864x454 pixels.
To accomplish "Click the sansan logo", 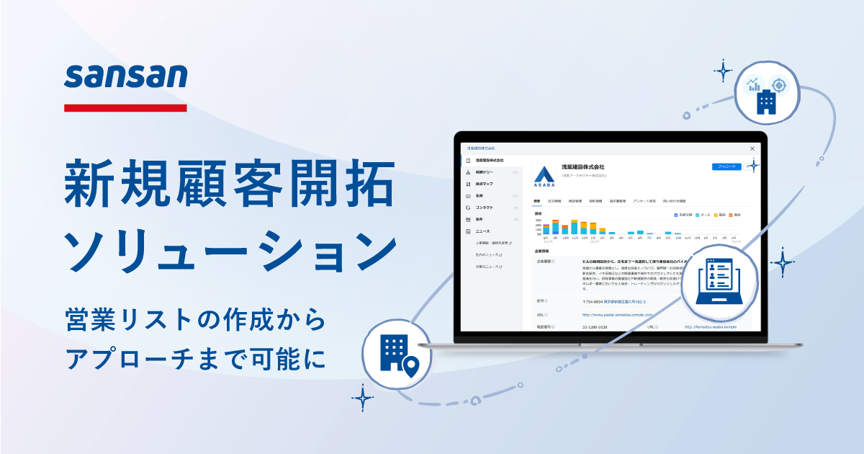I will tap(125, 76).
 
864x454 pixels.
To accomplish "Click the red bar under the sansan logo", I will tap(125, 108).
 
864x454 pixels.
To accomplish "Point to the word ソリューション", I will tap(230, 249).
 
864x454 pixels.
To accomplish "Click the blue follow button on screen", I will tap(726, 166).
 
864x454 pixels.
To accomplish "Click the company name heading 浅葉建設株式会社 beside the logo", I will tap(583, 167).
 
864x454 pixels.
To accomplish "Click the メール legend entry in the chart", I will tap(703, 215).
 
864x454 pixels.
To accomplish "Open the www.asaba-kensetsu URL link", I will tap(617, 315).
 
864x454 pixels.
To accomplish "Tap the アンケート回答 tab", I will tap(644, 201).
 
